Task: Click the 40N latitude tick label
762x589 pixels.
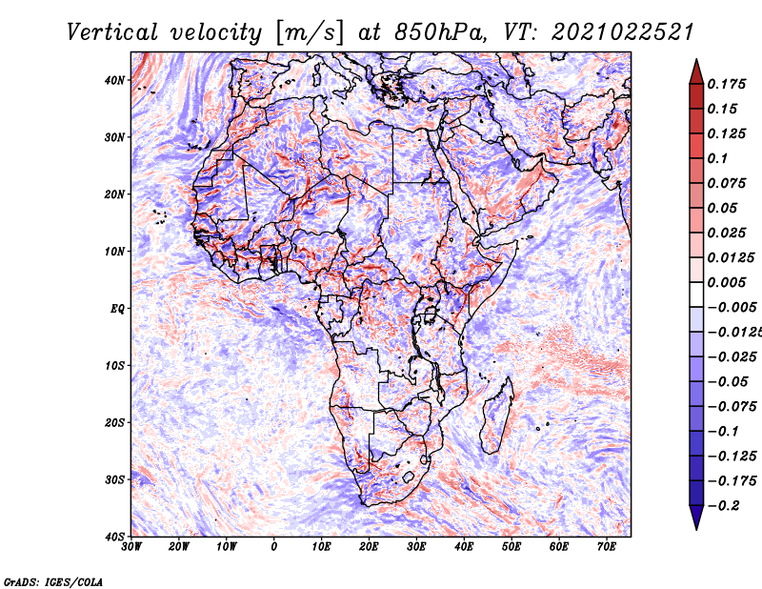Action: point(114,80)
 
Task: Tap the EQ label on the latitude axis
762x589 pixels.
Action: point(117,309)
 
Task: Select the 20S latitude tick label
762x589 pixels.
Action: point(114,422)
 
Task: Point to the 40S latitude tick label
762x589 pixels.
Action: point(114,537)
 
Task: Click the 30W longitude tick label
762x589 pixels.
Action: point(131,547)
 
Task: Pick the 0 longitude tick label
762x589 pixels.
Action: point(274,547)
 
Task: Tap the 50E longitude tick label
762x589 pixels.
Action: point(511,547)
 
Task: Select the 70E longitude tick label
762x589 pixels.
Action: point(607,547)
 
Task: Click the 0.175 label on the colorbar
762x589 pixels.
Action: point(727,84)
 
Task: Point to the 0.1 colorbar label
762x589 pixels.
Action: point(718,158)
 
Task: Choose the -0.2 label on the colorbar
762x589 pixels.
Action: point(724,506)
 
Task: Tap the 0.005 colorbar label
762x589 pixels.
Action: point(727,282)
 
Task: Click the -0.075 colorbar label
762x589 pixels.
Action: point(732,407)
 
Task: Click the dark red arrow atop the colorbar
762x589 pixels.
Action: point(696,72)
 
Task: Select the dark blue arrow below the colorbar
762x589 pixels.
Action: point(696,518)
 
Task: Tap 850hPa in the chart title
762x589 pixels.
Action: point(440,32)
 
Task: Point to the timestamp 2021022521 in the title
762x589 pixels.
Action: point(623,32)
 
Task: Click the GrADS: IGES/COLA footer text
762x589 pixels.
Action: point(53,581)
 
